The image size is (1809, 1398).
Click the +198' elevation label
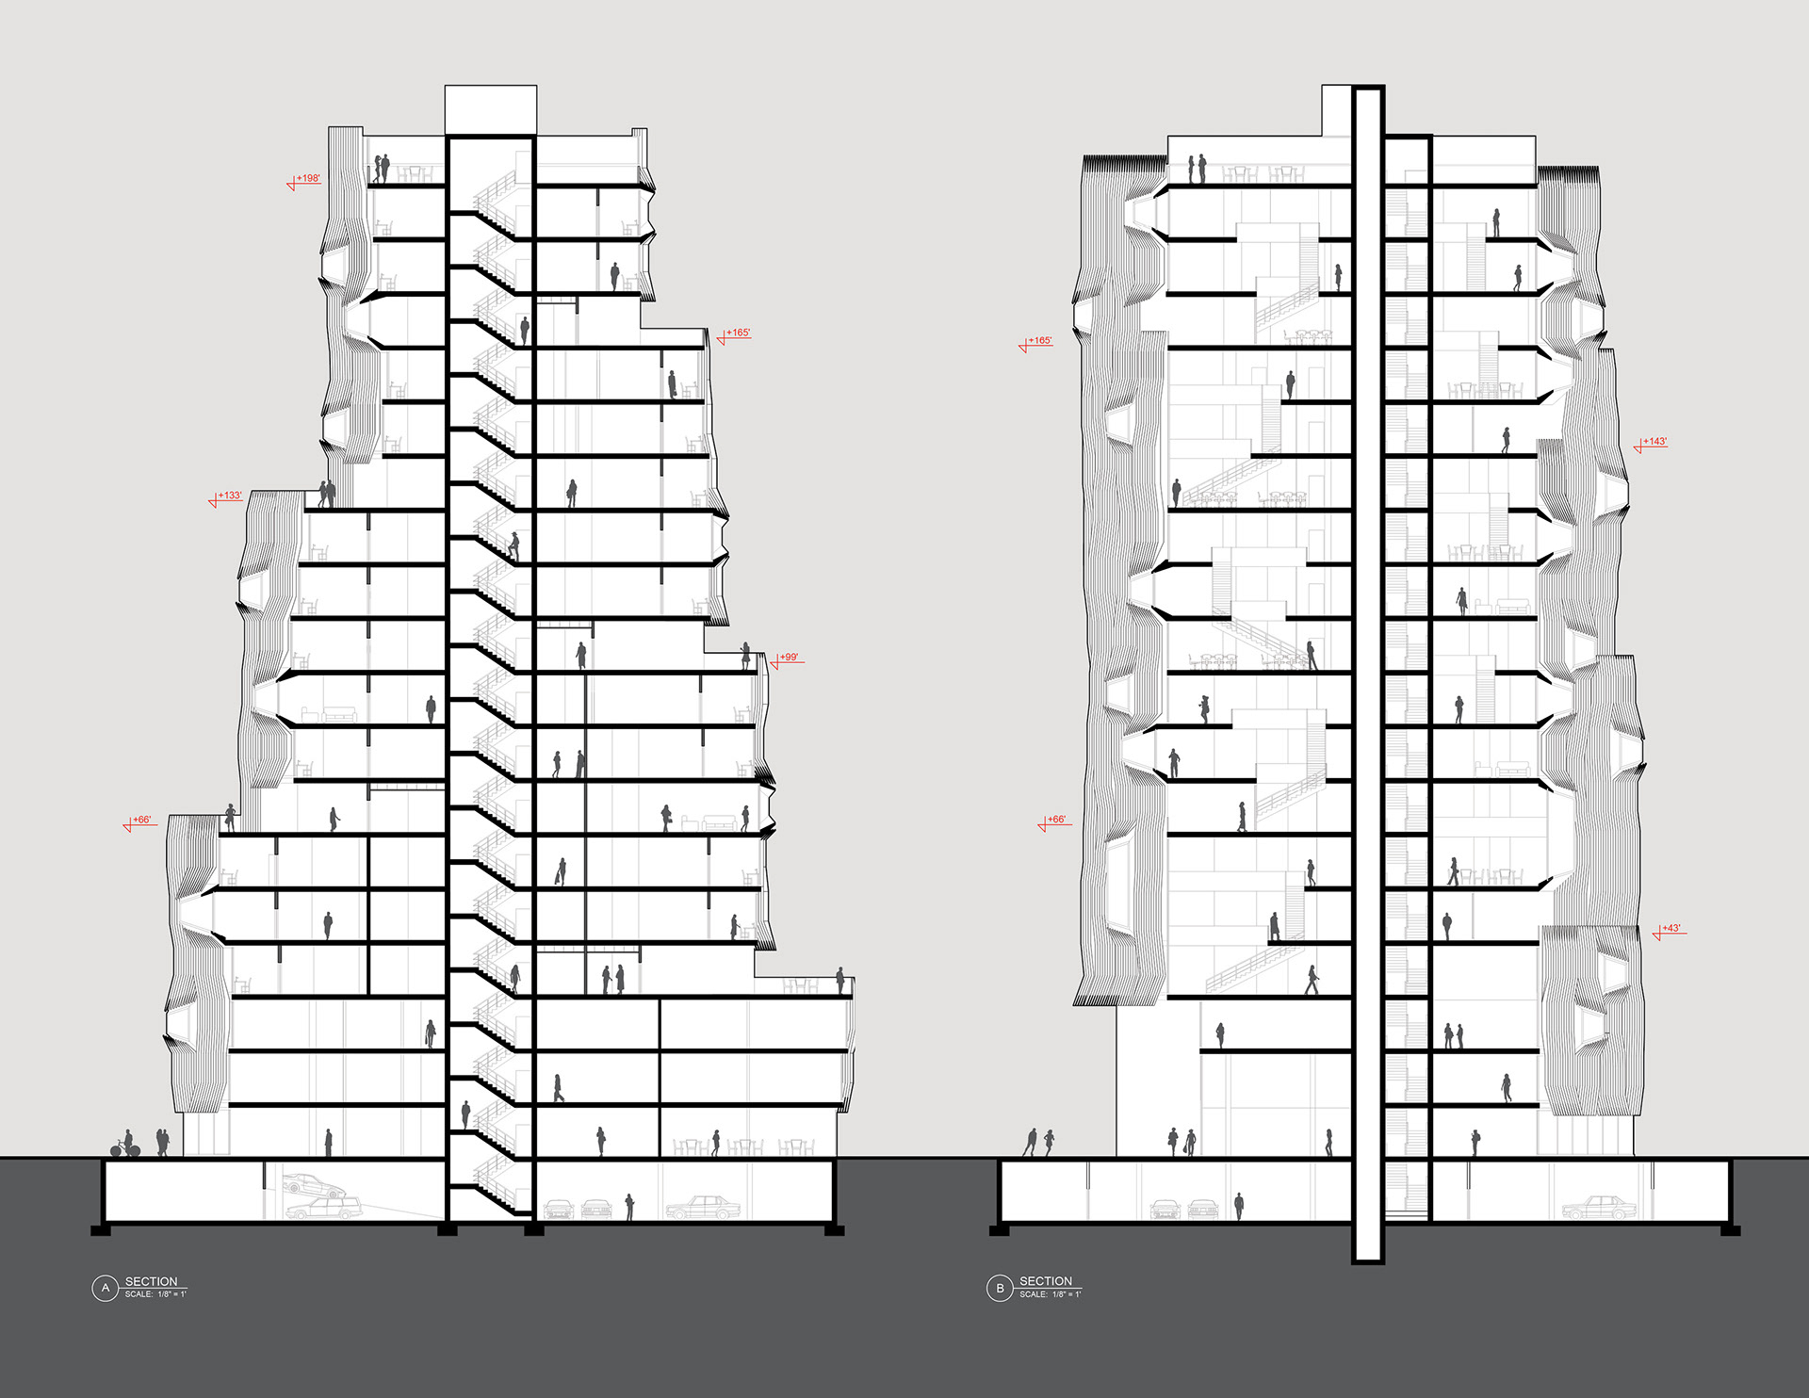point(308,178)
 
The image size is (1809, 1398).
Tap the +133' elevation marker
point(230,496)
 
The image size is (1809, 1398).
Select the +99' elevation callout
point(790,658)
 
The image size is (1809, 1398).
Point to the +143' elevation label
point(1655,442)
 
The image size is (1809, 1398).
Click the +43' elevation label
point(1671,929)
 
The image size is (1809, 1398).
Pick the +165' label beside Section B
point(1040,341)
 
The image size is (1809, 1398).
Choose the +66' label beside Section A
point(141,821)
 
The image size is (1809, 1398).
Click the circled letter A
point(105,1288)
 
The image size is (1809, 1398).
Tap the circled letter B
point(999,1288)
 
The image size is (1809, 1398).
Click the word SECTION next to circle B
point(1046,1281)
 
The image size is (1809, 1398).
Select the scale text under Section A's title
point(155,1294)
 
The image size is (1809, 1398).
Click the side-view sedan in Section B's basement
point(1593,1207)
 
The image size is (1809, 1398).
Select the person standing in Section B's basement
point(1239,1206)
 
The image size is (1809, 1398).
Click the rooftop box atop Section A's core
point(490,110)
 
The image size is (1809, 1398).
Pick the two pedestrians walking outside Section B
point(1039,1143)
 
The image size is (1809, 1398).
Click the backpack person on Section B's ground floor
point(1475,1143)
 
